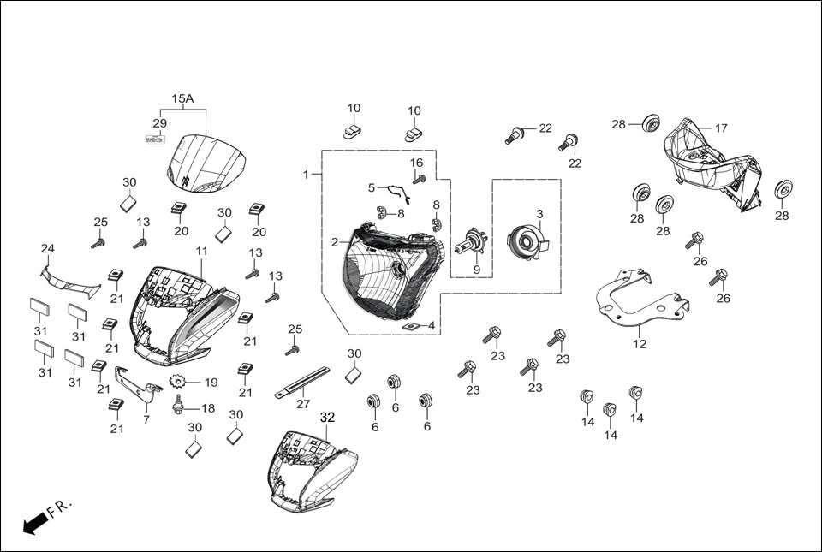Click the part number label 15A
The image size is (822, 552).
(x=182, y=99)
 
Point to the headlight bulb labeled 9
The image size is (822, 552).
(x=470, y=246)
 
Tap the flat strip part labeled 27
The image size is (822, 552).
(x=302, y=383)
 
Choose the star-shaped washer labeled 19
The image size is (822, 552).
(x=179, y=383)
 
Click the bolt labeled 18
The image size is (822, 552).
(x=179, y=403)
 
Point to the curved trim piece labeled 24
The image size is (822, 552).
(x=69, y=281)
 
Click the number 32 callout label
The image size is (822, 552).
(x=327, y=418)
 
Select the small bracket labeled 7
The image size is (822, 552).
(x=137, y=384)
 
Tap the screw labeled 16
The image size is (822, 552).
(x=420, y=179)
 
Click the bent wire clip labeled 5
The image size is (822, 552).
(x=396, y=193)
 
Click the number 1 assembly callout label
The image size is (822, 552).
(x=306, y=175)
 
